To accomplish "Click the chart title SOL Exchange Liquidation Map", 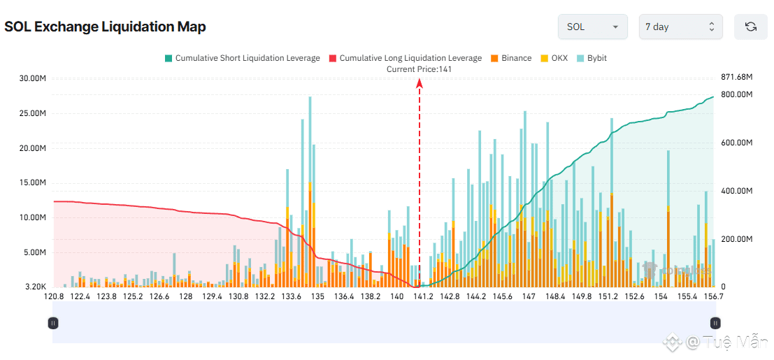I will pyautogui.click(x=105, y=27).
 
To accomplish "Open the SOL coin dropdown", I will pyautogui.click(x=592, y=27).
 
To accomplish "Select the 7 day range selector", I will pyautogui.click(x=680, y=27).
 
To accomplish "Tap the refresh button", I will pyautogui.click(x=750, y=27).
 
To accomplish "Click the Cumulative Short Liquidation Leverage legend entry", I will pyautogui.click(x=242, y=58).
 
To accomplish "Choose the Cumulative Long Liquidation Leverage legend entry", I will pyautogui.click(x=405, y=58).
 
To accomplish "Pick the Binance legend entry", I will pyautogui.click(x=511, y=58).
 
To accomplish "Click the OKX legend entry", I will pyautogui.click(x=554, y=58).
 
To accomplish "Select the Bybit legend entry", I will pyautogui.click(x=592, y=58).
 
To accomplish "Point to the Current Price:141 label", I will pyautogui.click(x=420, y=69).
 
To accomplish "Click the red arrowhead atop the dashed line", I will pyautogui.click(x=420, y=83).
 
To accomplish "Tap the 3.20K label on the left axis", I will pyautogui.click(x=35, y=287).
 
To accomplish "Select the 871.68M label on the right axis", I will pyautogui.click(x=736, y=76).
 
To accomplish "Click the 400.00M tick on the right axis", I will pyautogui.click(x=736, y=191).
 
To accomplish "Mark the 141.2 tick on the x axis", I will pyautogui.click(x=423, y=297).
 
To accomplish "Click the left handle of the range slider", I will pyautogui.click(x=53, y=323).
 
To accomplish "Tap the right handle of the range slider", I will pyautogui.click(x=715, y=323).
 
